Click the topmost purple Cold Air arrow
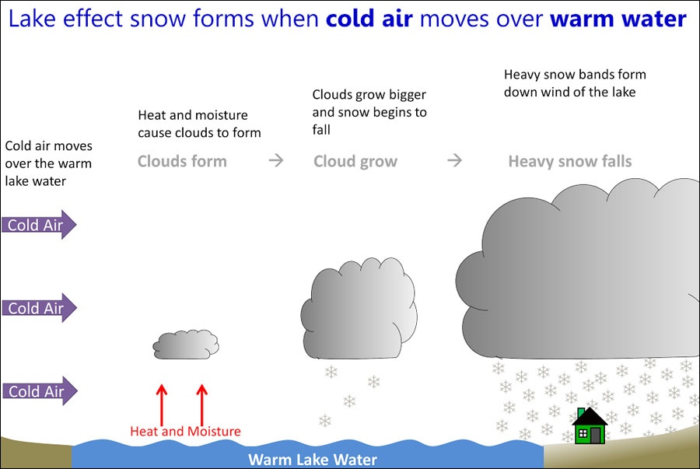[39, 225]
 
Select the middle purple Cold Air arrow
[39, 308]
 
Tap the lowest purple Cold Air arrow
[39, 391]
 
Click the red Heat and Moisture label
[185, 431]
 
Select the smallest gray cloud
[186, 344]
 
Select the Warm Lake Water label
[312, 459]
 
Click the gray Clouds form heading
[182, 162]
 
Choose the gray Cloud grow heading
[355, 162]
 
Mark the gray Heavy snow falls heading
[570, 162]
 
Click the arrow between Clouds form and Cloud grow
[275, 161]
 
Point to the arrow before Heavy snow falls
[455, 161]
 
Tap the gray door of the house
[595, 436]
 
